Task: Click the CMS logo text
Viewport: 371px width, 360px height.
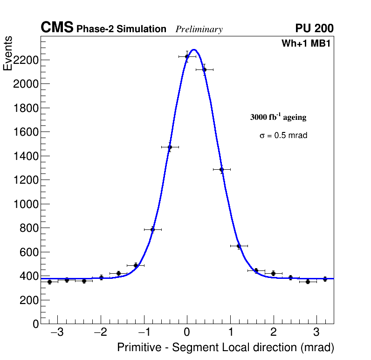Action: pyautogui.click(x=57, y=28)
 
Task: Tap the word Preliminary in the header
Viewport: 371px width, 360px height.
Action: pyautogui.click(x=199, y=29)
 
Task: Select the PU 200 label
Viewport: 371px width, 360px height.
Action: pyautogui.click(x=314, y=28)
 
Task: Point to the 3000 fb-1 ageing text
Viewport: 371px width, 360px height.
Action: pyautogui.click(x=278, y=117)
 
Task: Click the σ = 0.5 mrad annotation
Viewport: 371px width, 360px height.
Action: pyautogui.click(x=283, y=136)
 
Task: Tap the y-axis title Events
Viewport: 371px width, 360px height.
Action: pyautogui.click(x=8, y=53)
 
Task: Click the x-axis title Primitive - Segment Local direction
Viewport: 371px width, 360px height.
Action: pyautogui.click(x=226, y=347)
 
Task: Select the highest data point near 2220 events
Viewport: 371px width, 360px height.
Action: pyautogui.click(x=187, y=56)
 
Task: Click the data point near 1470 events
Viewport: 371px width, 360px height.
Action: pyautogui.click(x=170, y=147)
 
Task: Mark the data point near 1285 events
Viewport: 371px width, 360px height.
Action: pyautogui.click(x=221, y=169)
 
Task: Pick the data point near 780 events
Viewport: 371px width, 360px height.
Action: pyautogui.click(x=152, y=229)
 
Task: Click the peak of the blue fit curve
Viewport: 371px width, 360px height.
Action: pyautogui.click(x=194, y=49)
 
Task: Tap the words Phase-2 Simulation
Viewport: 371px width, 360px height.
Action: pyautogui.click(x=121, y=29)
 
